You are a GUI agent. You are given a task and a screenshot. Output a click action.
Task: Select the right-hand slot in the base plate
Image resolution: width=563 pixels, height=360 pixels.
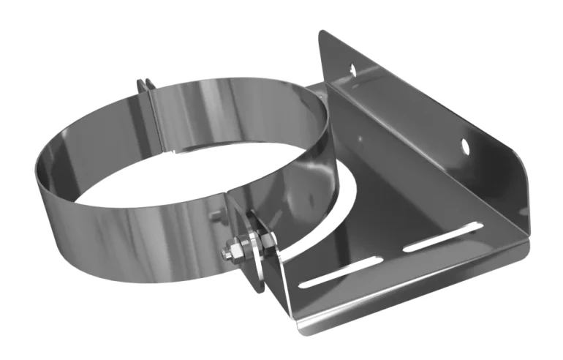442,241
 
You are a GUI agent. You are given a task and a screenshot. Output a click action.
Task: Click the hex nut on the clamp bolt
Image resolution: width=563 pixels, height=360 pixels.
238,249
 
